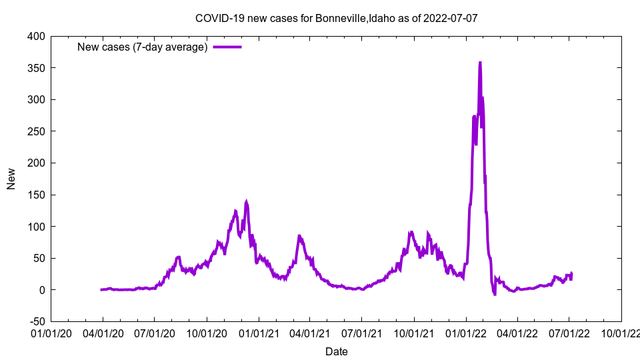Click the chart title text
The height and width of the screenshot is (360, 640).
coord(336,18)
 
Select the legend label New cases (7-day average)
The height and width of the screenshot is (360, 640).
coord(143,47)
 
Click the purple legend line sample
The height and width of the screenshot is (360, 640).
coord(227,47)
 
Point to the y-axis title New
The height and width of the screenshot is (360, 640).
coord(11,179)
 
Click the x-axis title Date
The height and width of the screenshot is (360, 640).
coord(336,351)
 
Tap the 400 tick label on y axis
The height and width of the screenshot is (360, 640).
coord(37,37)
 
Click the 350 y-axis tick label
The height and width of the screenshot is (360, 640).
coord(37,68)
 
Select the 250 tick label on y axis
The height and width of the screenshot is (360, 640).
coord(37,131)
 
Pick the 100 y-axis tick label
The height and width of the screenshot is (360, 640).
coord(37,227)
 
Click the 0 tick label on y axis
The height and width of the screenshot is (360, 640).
coord(42,290)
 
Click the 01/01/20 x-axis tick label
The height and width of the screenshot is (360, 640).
coord(51,332)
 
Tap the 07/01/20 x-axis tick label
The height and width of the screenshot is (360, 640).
coord(154,332)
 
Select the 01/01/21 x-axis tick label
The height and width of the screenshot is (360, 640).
coord(259,332)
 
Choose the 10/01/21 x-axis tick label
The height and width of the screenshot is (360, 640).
coord(414,332)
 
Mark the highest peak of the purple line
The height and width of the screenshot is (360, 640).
coord(480,63)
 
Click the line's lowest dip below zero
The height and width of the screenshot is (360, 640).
coord(495,294)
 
